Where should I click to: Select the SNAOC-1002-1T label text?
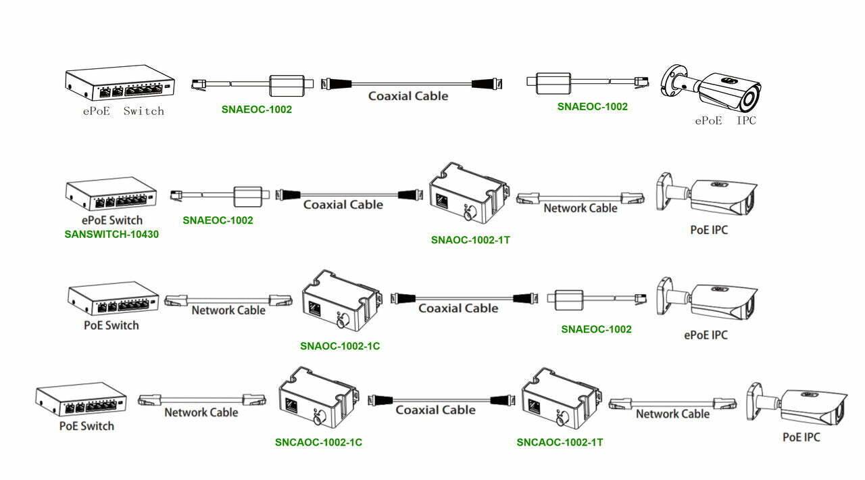click(x=470, y=239)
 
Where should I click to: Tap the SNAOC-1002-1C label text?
click(x=340, y=346)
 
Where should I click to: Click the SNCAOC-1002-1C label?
click(x=318, y=442)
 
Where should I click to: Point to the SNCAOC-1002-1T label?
click(x=560, y=442)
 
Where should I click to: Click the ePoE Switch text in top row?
click(x=120, y=111)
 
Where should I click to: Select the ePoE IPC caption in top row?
click(x=725, y=120)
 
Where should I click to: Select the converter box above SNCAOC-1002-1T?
click(x=560, y=398)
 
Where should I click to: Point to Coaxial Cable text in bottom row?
click(x=435, y=410)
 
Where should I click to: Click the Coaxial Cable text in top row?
click(x=408, y=96)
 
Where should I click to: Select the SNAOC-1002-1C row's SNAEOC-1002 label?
click(x=596, y=329)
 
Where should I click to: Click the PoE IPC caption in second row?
click(x=709, y=230)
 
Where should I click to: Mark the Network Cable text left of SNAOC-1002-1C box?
click(x=228, y=310)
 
